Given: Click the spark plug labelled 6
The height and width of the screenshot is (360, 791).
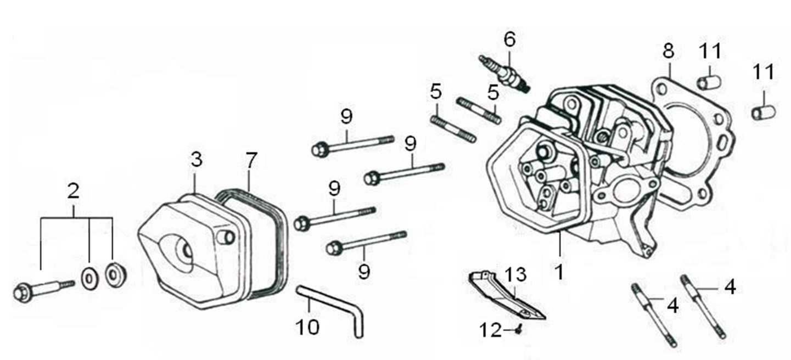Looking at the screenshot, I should (x=503, y=72).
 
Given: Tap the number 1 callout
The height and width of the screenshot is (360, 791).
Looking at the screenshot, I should (x=559, y=271).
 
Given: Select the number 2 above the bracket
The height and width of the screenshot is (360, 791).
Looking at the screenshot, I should (x=73, y=191).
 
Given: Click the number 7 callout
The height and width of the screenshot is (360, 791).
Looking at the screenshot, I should (x=251, y=160).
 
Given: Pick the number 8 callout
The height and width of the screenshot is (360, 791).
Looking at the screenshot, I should (x=668, y=51).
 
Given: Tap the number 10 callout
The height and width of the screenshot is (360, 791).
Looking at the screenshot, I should (x=307, y=327).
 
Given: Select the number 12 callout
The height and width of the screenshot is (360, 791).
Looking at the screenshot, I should (x=490, y=330).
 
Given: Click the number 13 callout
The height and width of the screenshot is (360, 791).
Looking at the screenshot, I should (x=515, y=273).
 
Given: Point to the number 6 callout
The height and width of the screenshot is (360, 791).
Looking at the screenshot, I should (x=510, y=40).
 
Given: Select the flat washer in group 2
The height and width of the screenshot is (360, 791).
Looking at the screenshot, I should (x=88, y=278).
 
